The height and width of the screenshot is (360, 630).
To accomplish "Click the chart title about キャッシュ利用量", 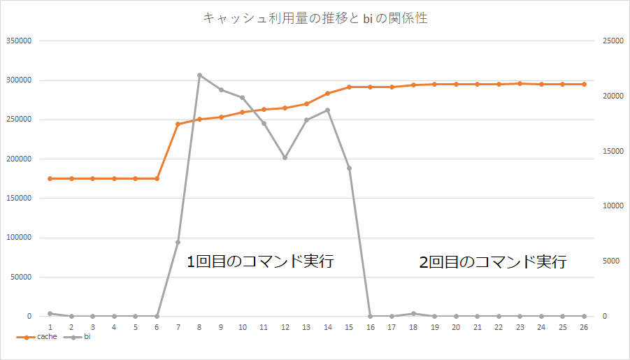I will [x=315, y=19].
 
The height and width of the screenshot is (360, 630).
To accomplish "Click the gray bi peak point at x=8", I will [x=199, y=75].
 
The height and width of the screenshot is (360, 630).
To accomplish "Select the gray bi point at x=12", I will [x=285, y=158].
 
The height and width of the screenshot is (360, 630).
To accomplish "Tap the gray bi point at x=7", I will [x=178, y=242].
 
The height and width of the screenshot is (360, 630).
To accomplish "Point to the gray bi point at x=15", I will [x=349, y=168].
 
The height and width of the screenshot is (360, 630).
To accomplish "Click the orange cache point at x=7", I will [x=178, y=124].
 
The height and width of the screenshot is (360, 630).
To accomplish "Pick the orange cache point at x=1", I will [x=50, y=178].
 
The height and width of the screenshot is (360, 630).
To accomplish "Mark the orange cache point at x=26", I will [x=584, y=84].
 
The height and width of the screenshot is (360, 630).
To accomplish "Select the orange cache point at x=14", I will [x=327, y=93].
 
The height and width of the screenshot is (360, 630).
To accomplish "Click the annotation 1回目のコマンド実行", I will [x=260, y=263].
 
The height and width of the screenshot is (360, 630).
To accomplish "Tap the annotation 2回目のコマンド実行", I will [x=492, y=263].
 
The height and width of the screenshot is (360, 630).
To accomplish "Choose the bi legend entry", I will [x=78, y=337].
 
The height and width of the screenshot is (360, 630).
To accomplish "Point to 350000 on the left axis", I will [x=19, y=41].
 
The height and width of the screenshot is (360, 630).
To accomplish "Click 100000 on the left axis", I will [x=19, y=238].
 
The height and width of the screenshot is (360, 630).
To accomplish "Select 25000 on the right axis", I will [x=613, y=41].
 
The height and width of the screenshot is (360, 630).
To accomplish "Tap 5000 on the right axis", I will [x=610, y=261].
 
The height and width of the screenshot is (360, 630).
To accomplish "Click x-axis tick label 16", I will [x=370, y=327].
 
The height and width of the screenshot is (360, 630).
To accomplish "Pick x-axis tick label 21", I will [x=477, y=327].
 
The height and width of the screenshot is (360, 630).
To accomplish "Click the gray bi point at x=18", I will [x=413, y=313].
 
